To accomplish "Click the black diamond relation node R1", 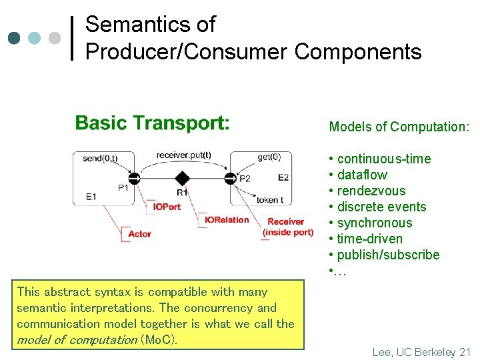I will pyautogui.click(x=181, y=178).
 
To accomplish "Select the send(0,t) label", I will pyautogui.click(x=100, y=158).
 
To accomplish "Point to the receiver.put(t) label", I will pyautogui.click(x=183, y=155).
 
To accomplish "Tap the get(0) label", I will pyautogui.click(x=269, y=157).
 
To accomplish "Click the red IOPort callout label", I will pyautogui.click(x=167, y=207).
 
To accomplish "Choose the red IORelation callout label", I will pyautogui.click(x=227, y=219).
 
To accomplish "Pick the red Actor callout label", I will pyautogui.click(x=139, y=233).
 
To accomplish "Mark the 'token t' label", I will pyautogui.click(x=270, y=200).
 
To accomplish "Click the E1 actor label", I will pyautogui.click(x=91, y=197).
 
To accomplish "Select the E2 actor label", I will pyautogui.click(x=283, y=177).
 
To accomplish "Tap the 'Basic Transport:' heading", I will pyautogui.click(x=152, y=123).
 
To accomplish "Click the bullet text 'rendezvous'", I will pyautogui.click(x=371, y=191).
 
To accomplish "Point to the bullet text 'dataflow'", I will pyautogui.click(x=362, y=175).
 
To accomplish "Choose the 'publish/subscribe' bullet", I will pyautogui.click(x=388, y=255).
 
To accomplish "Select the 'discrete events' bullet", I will pyautogui.click(x=381, y=207).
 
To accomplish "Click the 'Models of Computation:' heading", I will pyautogui.click(x=399, y=127).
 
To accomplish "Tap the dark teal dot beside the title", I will pyautogui.click(x=15, y=37).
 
